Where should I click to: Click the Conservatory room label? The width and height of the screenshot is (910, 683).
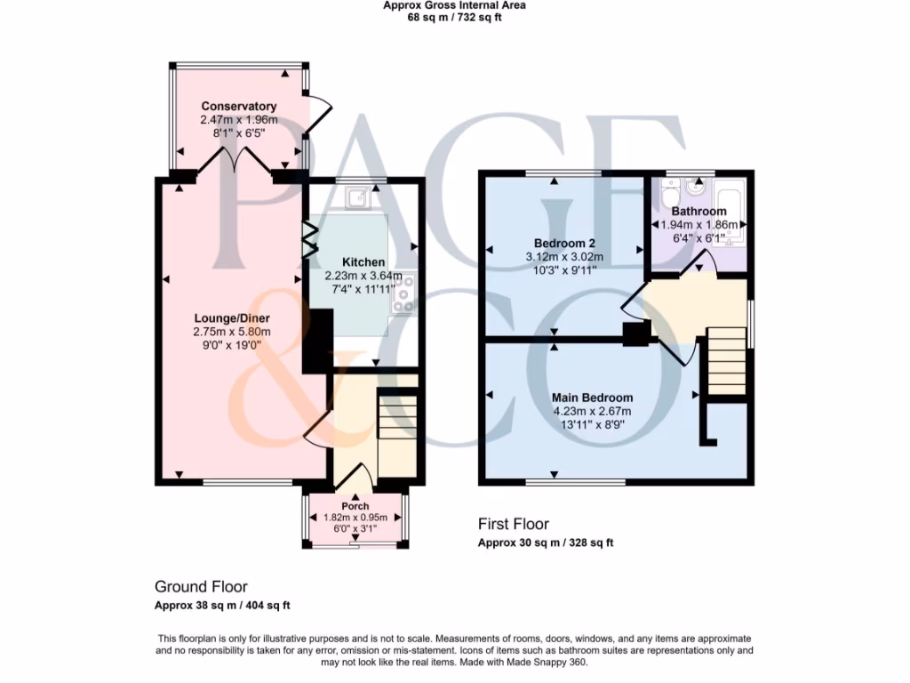pyautogui.click(x=238, y=107)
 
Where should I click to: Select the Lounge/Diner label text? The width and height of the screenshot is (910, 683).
pyautogui.click(x=232, y=318)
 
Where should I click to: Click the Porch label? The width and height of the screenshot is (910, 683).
pyautogui.click(x=355, y=506)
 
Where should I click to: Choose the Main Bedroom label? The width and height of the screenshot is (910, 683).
pyautogui.click(x=592, y=398)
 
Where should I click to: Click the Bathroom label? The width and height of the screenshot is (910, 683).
pyautogui.click(x=698, y=212)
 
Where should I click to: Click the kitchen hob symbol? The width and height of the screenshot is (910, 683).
pyautogui.click(x=404, y=293)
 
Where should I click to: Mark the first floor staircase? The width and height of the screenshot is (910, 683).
pyautogui.click(x=726, y=360)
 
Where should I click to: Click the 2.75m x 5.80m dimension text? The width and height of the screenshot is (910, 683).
pyautogui.click(x=232, y=332)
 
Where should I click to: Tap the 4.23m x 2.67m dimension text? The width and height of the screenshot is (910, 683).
pyautogui.click(x=592, y=411)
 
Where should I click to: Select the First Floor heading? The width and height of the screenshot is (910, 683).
pyautogui.click(x=514, y=524)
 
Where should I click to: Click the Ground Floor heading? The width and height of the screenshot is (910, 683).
pyautogui.click(x=201, y=586)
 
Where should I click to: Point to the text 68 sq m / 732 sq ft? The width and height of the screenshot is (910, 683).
pyautogui.click(x=454, y=17)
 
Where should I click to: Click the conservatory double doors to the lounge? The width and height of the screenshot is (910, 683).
pyautogui.click(x=233, y=162)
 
